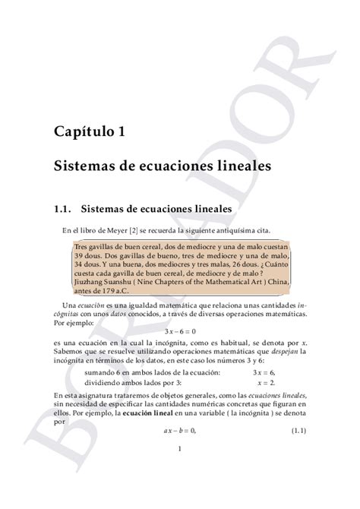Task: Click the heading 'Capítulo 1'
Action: click(90, 131)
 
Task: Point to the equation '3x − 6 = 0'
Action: click(180, 331)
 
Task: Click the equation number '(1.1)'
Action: click(298, 431)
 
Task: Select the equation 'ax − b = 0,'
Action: click(180, 431)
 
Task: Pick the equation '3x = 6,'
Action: click(264, 372)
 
